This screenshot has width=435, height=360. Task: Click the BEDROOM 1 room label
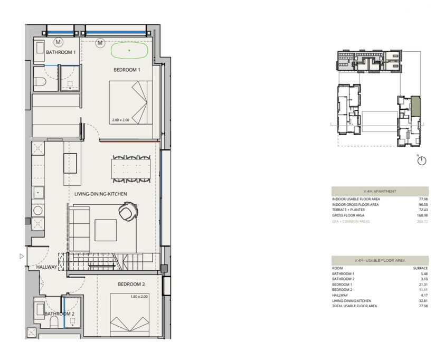pyautogui.click(x=127, y=70)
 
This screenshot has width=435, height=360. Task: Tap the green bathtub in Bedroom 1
pyautogui.click(x=129, y=50)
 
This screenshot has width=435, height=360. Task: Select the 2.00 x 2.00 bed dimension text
pyautogui.click(x=121, y=120)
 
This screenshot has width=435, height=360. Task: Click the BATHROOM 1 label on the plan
pyautogui.click(x=61, y=52)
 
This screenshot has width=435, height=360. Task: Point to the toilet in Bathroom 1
pyautogui.click(x=41, y=81)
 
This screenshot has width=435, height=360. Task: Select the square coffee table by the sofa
pyautogui.click(x=106, y=230)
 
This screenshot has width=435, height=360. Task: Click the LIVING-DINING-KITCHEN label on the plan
pyautogui.click(x=100, y=194)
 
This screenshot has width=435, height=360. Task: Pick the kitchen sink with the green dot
pyautogui.click(x=38, y=193)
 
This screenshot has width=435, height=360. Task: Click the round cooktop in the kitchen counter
pyautogui.click(x=37, y=211)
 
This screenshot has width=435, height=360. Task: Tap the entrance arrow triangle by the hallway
pyautogui.click(x=22, y=256)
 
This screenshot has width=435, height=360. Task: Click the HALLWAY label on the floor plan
pyautogui.click(x=46, y=267)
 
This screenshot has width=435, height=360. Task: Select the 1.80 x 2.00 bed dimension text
pyautogui.click(x=139, y=297)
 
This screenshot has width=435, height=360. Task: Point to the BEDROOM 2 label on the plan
pyautogui.click(x=131, y=285)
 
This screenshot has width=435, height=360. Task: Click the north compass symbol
pyautogui.click(x=422, y=161)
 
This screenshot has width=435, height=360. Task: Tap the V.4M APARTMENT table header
pyautogui.click(x=380, y=192)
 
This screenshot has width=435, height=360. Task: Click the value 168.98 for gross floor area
pyautogui.click(x=422, y=215)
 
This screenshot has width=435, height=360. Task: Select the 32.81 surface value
pyautogui.click(x=423, y=301)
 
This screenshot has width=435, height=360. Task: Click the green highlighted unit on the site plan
pyautogui.click(x=415, y=106)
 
